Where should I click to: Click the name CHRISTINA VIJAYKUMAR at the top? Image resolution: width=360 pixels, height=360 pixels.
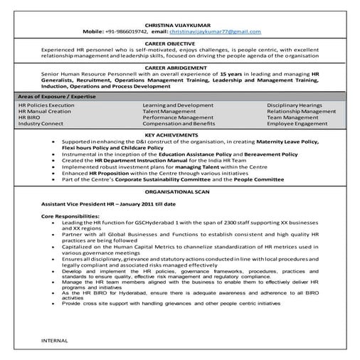pos(180,24)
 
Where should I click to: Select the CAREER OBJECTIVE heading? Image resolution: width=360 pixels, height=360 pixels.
pos(180,43)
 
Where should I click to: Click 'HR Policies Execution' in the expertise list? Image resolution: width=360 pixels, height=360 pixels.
pos(46,105)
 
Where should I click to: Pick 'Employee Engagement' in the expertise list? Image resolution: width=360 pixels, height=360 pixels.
pos(297,123)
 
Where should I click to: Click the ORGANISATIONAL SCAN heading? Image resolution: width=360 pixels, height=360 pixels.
pos(180,191)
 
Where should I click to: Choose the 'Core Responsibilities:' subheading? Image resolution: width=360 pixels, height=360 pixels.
pos(70,215)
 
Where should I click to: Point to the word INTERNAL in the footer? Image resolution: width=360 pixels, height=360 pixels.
pos(55,340)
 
